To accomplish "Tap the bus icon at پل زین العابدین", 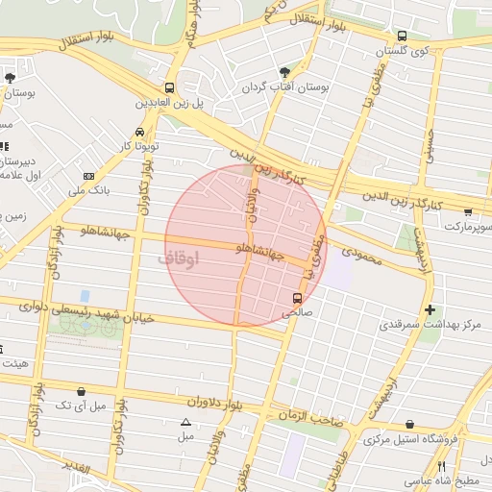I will [170, 86].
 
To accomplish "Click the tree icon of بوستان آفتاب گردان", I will [283, 72].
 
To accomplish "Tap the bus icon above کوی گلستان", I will [402, 36].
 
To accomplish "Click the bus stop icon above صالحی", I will [296, 297].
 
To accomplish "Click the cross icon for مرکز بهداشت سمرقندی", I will [430, 309].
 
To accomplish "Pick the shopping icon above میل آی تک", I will [81, 391].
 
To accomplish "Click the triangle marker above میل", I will [185, 422].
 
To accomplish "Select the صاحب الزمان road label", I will [311, 415].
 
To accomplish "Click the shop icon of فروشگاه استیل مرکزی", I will [410, 424].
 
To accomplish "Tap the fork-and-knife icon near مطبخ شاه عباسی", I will [442, 466].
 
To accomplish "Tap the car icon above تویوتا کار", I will [140, 132].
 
